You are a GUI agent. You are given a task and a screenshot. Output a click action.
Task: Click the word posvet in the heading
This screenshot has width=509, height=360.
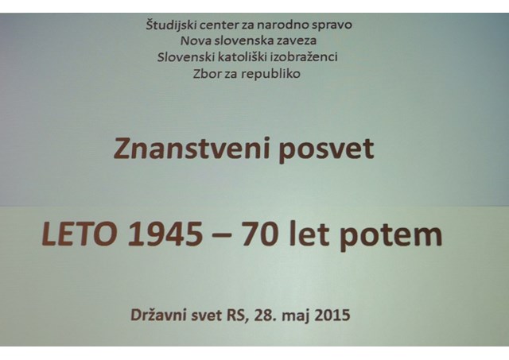point(326,150)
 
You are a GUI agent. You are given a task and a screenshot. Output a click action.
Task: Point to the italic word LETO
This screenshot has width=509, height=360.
point(80,234)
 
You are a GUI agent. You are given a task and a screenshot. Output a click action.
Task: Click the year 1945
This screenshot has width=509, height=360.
point(165,234)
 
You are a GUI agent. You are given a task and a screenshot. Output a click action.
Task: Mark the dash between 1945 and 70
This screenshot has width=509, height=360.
point(223,236)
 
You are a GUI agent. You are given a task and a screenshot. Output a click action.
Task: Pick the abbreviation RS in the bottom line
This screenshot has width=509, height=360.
point(237,315)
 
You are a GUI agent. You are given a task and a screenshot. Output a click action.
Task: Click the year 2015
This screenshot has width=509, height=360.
point(332,315)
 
